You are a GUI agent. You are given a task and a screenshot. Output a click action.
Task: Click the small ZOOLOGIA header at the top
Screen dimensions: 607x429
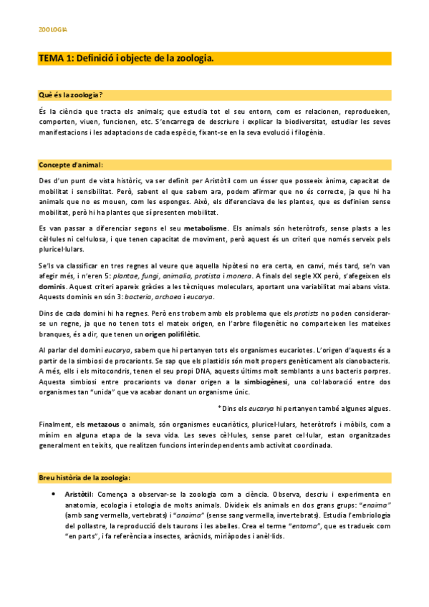point(52,30)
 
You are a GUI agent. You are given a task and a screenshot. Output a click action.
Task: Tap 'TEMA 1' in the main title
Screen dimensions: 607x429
point(55,58)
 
